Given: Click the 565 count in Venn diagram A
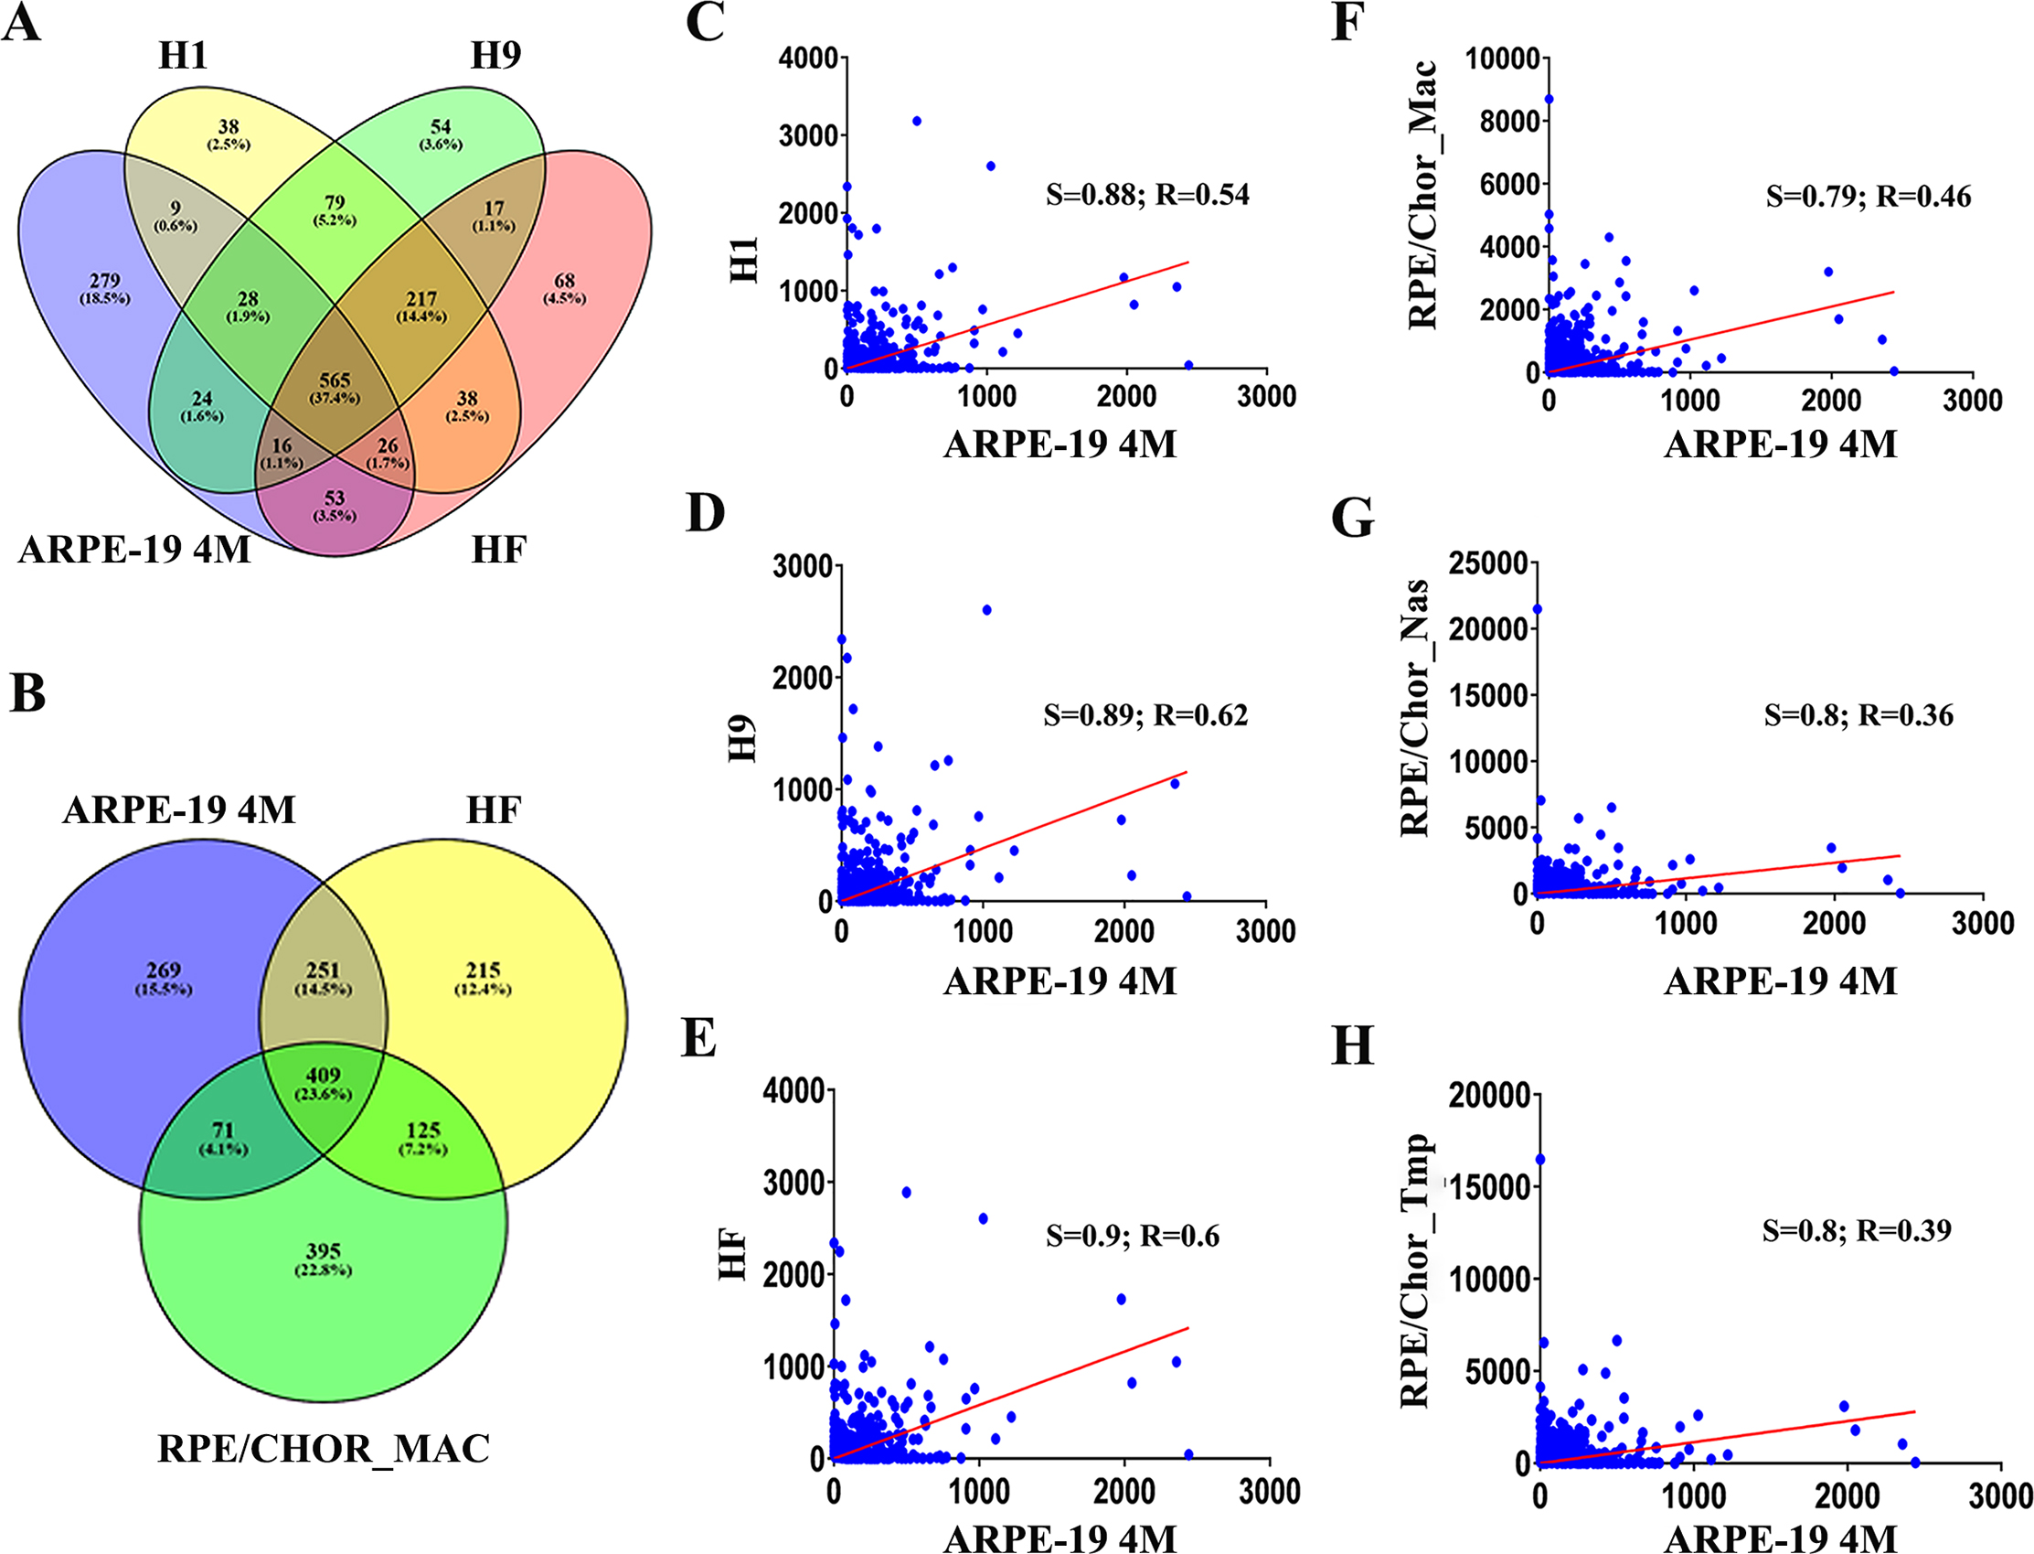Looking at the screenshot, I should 335,381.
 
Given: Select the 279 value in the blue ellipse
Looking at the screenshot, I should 104,280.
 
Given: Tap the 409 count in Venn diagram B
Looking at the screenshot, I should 323,1076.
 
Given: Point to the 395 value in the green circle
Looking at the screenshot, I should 323,1251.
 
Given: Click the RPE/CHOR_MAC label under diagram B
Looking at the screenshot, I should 324,1449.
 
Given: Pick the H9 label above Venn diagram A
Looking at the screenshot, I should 495,56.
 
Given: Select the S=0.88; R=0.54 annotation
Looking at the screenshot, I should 1147,194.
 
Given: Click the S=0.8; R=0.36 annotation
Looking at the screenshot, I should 1858,715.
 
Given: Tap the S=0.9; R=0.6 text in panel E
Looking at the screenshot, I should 1133,1236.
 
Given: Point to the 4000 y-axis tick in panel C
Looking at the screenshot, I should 807,59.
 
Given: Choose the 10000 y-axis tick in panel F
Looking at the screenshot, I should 1502,59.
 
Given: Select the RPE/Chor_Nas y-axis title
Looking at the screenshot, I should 1415,708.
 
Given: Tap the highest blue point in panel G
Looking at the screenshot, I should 1538,608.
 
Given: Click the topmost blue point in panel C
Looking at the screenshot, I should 916,121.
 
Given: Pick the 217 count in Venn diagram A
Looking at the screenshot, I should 421,299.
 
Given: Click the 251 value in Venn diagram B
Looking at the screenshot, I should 323,970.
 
